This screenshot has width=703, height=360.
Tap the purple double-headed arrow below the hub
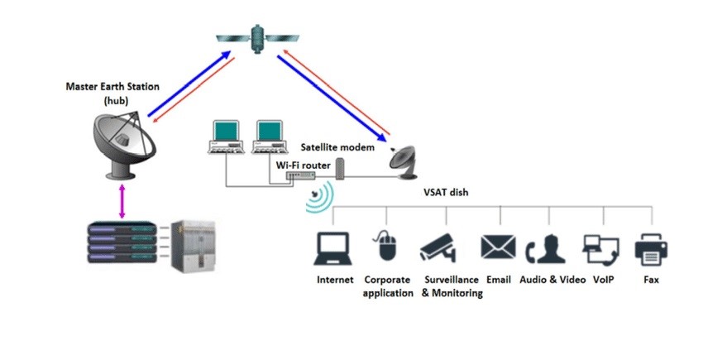122,201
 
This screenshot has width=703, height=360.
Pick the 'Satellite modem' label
337,146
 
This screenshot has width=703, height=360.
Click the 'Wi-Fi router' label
303,166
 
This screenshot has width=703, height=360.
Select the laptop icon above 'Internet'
334,247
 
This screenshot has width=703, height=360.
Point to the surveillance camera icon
438,246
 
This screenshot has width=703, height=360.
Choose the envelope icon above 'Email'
498,247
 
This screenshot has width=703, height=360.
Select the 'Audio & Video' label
552,280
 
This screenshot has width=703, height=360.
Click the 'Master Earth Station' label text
112,87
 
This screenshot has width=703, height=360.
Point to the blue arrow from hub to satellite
189,86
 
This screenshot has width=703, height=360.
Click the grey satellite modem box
339,169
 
